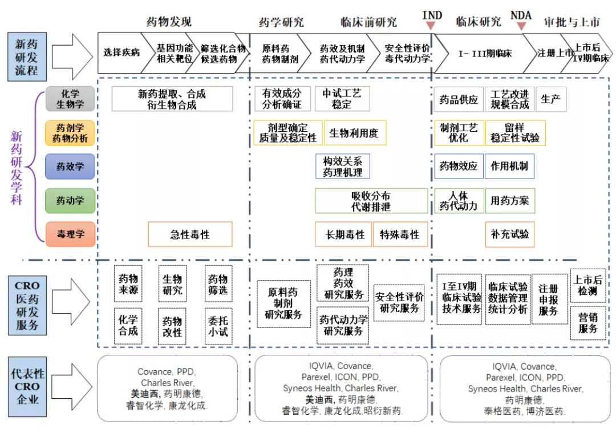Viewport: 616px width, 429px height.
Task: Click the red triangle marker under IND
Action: [432, 25]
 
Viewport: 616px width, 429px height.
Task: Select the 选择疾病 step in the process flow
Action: [120, 52]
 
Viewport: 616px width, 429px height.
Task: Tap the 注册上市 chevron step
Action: [554, 52]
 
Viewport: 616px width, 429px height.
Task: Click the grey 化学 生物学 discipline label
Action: [70, 98]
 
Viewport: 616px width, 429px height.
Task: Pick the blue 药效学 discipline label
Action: [70, 167]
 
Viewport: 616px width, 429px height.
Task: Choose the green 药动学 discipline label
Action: [70, 200]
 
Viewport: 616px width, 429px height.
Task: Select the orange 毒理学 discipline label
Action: [70, 234]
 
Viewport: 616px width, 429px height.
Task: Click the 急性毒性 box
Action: [190, 234]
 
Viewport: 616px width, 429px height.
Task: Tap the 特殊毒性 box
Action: [400, 234]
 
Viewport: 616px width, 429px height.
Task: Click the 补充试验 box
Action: [509, 234]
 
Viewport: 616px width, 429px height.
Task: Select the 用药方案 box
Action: [509, 200]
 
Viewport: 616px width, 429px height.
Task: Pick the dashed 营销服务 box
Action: [588, 323]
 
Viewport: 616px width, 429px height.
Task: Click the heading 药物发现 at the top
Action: [169, 22]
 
